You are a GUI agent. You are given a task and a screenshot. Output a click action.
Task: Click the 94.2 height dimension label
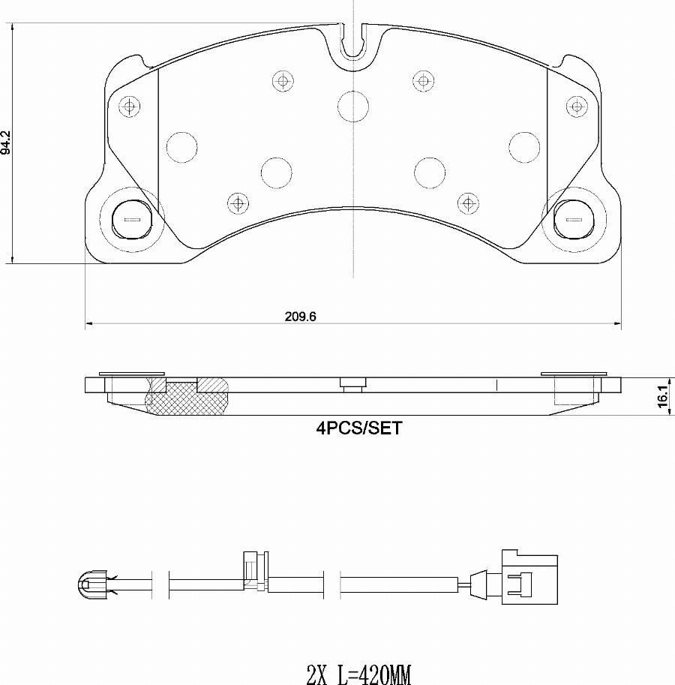click(x=6, y=142)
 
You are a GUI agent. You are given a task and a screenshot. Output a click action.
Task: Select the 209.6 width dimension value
click(x=300, y=317)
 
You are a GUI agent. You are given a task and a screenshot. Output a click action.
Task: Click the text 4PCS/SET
click(x=359, y=428)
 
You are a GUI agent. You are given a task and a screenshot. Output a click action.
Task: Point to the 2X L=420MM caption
click(x=359, y=674)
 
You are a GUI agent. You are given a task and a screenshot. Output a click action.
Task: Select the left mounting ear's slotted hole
click(x=132, y=219)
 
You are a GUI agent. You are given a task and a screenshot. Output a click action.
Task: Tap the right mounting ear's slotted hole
click(x=574, y=219)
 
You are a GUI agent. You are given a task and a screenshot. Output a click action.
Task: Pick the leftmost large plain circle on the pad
click(x=180, y=147)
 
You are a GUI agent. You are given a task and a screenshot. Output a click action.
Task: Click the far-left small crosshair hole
click(x=130, y=106)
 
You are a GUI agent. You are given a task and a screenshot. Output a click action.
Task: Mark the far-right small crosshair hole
click(x=576, y=106)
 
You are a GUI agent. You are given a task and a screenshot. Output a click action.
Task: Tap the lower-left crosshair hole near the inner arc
click(x=237, y=202)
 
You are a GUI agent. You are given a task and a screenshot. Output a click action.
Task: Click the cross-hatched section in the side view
click(x=187, y=398)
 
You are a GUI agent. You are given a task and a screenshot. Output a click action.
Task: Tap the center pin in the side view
click(x=352, y=385)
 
